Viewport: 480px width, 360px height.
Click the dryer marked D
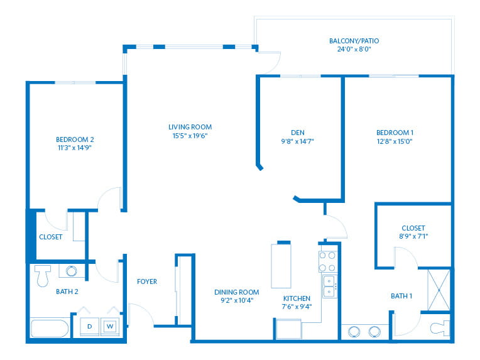pyautogui.click(x=89, y=327)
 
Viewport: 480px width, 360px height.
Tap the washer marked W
pyautogui.click(x=110, y=327)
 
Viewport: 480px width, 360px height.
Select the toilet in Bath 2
pyautogui.click(x=43, y=276)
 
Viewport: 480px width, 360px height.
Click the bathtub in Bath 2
pyautogui.click(x=50, y=329)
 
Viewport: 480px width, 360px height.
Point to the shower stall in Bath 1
pyautogui.click(x=439, y=290)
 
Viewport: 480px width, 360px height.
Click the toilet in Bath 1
pyautogui.click(x=440, y=328)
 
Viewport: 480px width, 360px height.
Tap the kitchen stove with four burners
pyautogui.click(x=327, y=261)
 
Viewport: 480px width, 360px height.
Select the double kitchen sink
pyautogui.click(x=330, y=286)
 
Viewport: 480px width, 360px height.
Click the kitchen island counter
pyautogui.click(x=281, y=266)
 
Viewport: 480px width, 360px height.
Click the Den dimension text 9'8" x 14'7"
pyautogui.click(x=298, y=141)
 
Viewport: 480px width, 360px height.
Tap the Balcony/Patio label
pyautogui.click(x=354, y=41)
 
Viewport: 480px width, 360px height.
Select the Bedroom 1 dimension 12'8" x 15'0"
pyautogui.click(x=395, y=141)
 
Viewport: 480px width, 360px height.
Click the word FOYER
pyautogui.click(x=147, y=281)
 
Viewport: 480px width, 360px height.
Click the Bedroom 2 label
pyautogui.click(x=75, y=139)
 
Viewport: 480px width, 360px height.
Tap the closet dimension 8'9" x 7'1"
pyautogui.click(x=413, y=236)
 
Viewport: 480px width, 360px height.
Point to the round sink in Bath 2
pyautogui.click(x=72, y=271)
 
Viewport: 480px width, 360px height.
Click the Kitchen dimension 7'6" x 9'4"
pyautogui.click(x=297, y=307)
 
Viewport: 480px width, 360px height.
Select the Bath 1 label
pyautogui.click(x=401, y=296)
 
